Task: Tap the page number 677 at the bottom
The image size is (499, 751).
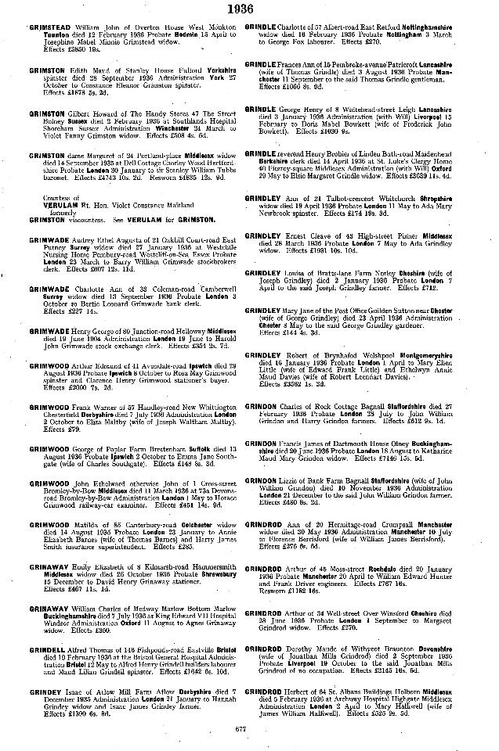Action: [x=248, y=731]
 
